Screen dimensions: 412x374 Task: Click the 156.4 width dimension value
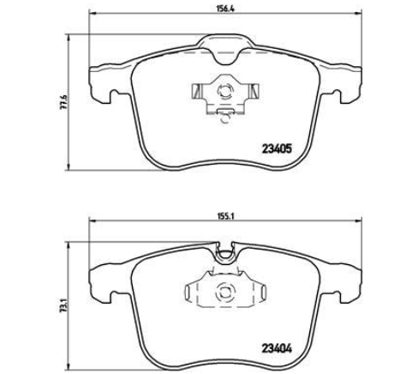(x=224, y=9)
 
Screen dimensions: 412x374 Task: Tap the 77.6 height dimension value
(x=64, y=101)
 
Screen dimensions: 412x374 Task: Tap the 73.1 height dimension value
(x=64, y=307)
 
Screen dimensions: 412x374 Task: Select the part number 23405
(x=277, y=148)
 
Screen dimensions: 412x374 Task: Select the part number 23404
(x=277, y=348)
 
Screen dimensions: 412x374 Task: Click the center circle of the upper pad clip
(x=224, y=92)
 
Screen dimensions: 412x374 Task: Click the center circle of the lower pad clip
(x=224, y=293)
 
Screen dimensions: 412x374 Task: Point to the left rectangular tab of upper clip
(x=198, y=91)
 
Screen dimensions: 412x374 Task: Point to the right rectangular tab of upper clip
(x=254, y=91)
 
